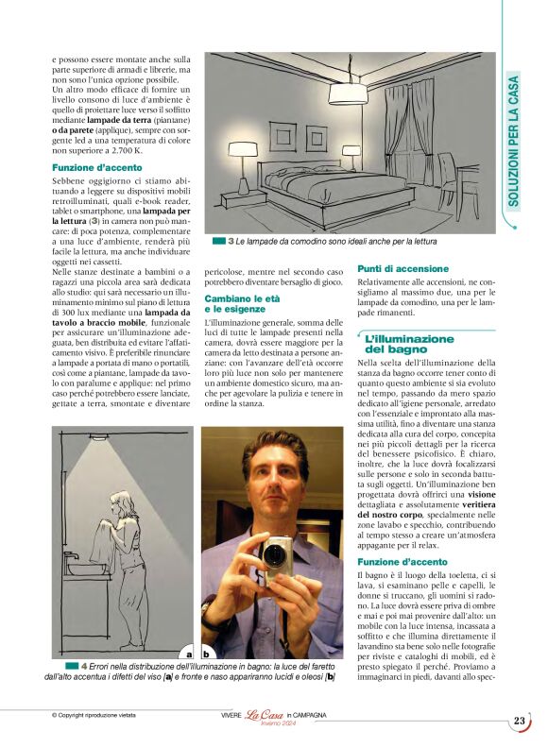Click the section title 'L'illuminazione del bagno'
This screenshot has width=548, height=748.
(x=409, y=344)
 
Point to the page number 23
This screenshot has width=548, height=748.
(x=520, y=721)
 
